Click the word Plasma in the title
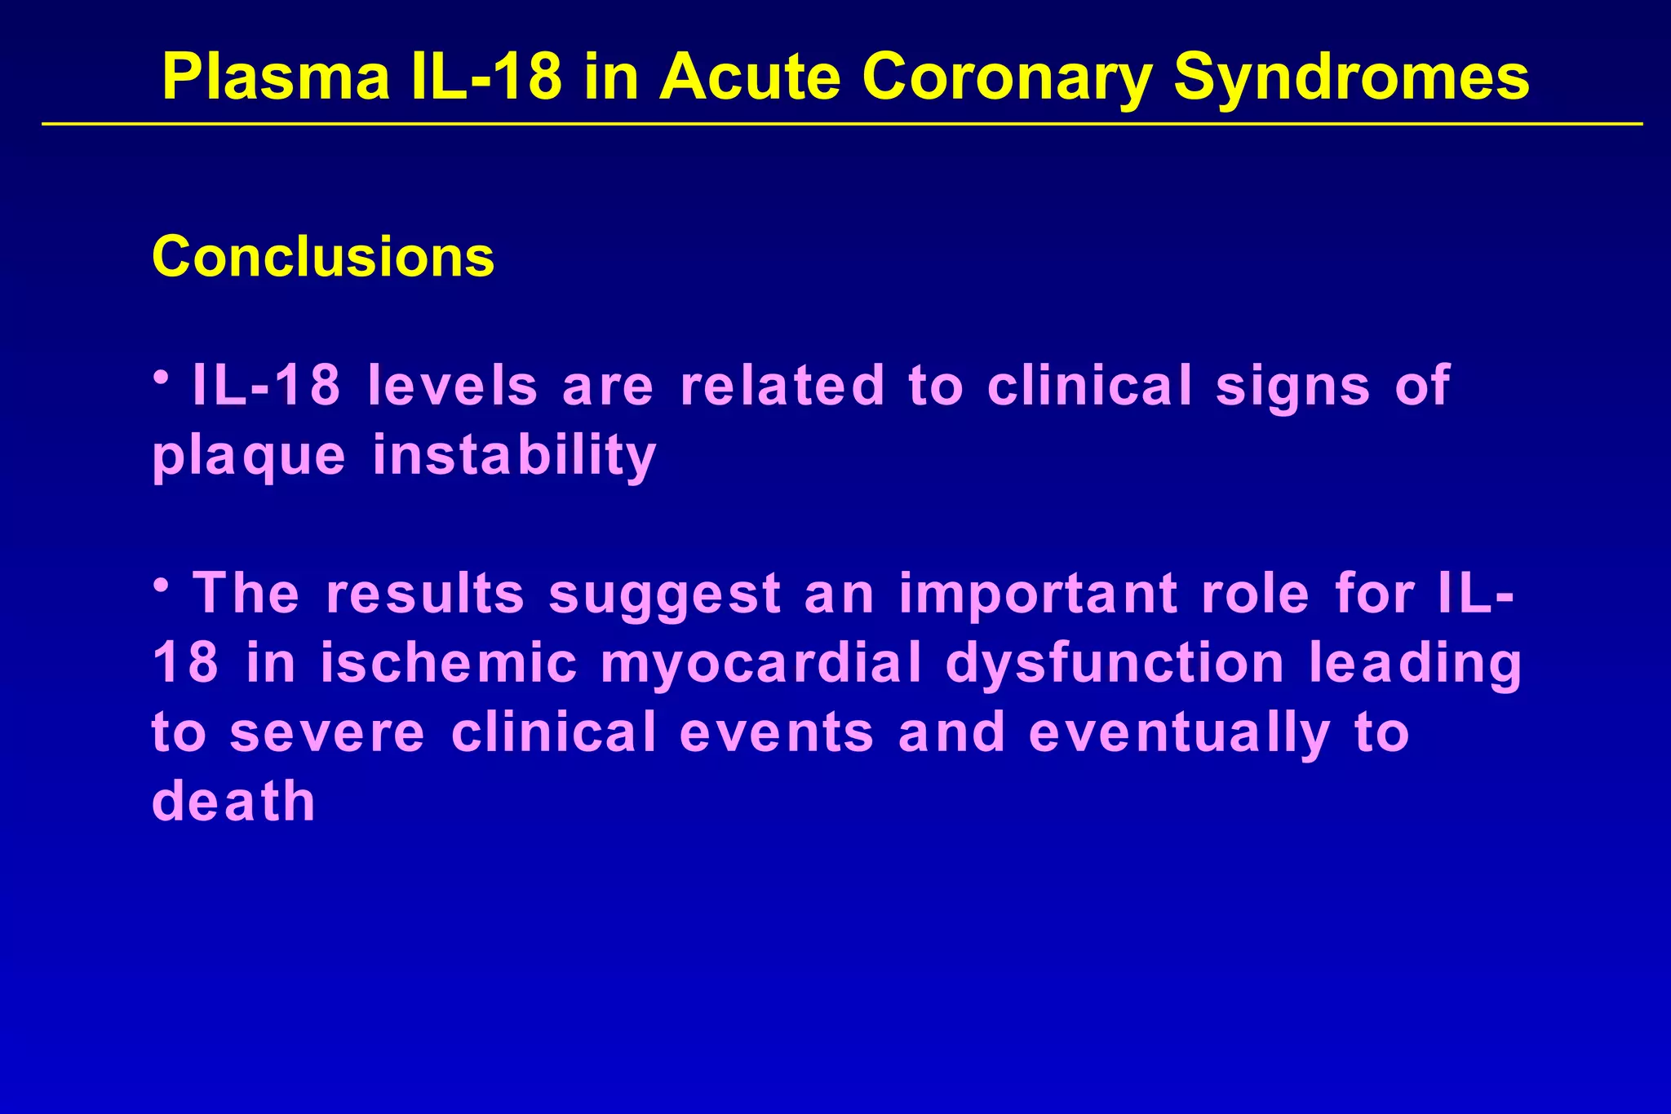point(276,77)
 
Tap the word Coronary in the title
point(1006,78)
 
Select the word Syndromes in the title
point(1350,78)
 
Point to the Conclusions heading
point(323,257)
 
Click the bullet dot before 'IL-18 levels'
point(162,378)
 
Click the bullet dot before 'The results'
point(162,585)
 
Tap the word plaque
point(249,457)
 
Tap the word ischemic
point(449,663)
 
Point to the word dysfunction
point(1115,663)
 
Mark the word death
point(233,801)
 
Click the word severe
point(327,732)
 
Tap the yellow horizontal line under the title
point(840,124)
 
